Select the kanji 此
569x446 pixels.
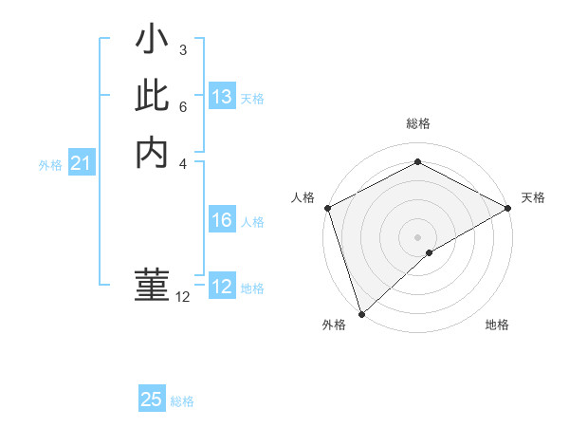(x=152, y=96)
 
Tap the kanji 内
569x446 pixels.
(x=152, y=152)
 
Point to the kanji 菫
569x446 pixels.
(x=152, y=285)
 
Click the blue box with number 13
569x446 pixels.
(x=221, y=97)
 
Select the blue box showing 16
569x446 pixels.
(x=221, y=220)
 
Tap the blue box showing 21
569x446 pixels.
(x=81, y=164)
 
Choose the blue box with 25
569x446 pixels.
(x=152, y=400)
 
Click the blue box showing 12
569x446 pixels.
(x=221, y=286)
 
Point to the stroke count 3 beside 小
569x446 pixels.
(x=183, y=49)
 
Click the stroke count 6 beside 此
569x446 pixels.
(x=183, y=106)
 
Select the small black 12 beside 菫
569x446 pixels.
(x=183, y=297)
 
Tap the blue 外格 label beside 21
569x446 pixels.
(x=50, y=165)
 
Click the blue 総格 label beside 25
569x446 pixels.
(x=182, y=401)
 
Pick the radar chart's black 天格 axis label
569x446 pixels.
(x=533, y=197)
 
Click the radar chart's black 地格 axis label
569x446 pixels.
(x=497, y=325)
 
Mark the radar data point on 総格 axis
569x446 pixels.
(x=417, y=162)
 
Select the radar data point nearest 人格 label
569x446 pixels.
(x=327, y=208)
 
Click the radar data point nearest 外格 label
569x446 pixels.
(x=361, y=312)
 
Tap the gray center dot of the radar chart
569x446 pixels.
(x=417, y=236)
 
